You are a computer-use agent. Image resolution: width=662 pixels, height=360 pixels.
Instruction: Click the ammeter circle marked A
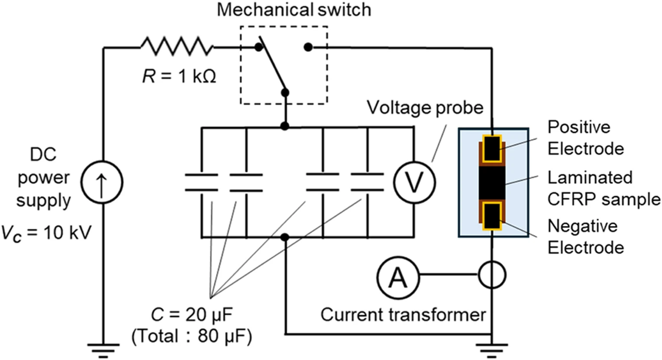(x=398, y=275)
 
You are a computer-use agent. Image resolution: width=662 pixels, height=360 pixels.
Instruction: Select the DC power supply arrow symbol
(x=103, y=182)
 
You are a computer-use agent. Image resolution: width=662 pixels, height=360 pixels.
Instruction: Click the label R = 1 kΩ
(x=179, y=77)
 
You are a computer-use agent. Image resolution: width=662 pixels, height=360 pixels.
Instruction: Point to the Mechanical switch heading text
(x=294, y=10)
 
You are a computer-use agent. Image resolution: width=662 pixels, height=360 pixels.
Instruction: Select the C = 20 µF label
(x=192, y=314)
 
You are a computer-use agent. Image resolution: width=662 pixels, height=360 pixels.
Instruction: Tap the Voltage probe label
(x=425, y=107)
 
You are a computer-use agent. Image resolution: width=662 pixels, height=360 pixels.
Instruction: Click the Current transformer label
(x=403, y=314)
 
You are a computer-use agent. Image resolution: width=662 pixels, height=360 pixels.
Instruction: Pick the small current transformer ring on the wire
(x=492, y=275)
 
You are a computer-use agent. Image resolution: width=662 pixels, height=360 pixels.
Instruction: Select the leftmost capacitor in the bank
(x=202, y=182)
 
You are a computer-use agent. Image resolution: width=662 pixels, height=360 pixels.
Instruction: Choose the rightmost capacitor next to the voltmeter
(x=367, y=182)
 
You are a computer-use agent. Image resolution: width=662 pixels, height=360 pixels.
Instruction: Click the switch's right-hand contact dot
(x=308, y=47)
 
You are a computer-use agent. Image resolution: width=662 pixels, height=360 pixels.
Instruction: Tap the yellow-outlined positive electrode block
(x=492, y=148)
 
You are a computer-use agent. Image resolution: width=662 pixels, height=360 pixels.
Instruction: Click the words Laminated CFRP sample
(x=603, y=188)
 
